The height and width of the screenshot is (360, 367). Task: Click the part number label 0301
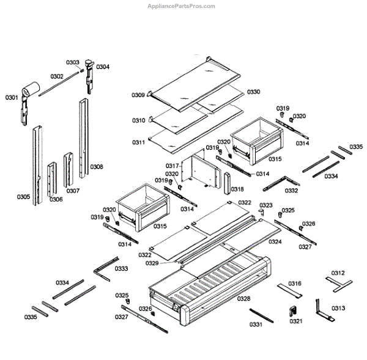tap(12, 97)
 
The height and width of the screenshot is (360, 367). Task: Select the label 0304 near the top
tap(103, 67)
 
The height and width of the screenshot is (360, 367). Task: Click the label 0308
tap(97, 166)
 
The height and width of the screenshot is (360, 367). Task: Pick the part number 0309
tap(138, 95)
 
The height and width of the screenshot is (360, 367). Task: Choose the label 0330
tap(253, 92)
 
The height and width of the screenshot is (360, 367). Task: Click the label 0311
tap(138, 142)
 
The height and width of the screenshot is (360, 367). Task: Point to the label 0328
tap(243, 299)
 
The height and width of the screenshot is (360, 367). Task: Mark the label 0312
tap(338, 273)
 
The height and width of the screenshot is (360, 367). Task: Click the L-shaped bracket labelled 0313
tap(321, 311)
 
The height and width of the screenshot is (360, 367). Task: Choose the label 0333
tap(121, 269)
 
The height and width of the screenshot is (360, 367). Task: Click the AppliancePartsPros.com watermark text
tap(182, 6)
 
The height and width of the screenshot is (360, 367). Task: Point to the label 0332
tap(291, 191)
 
